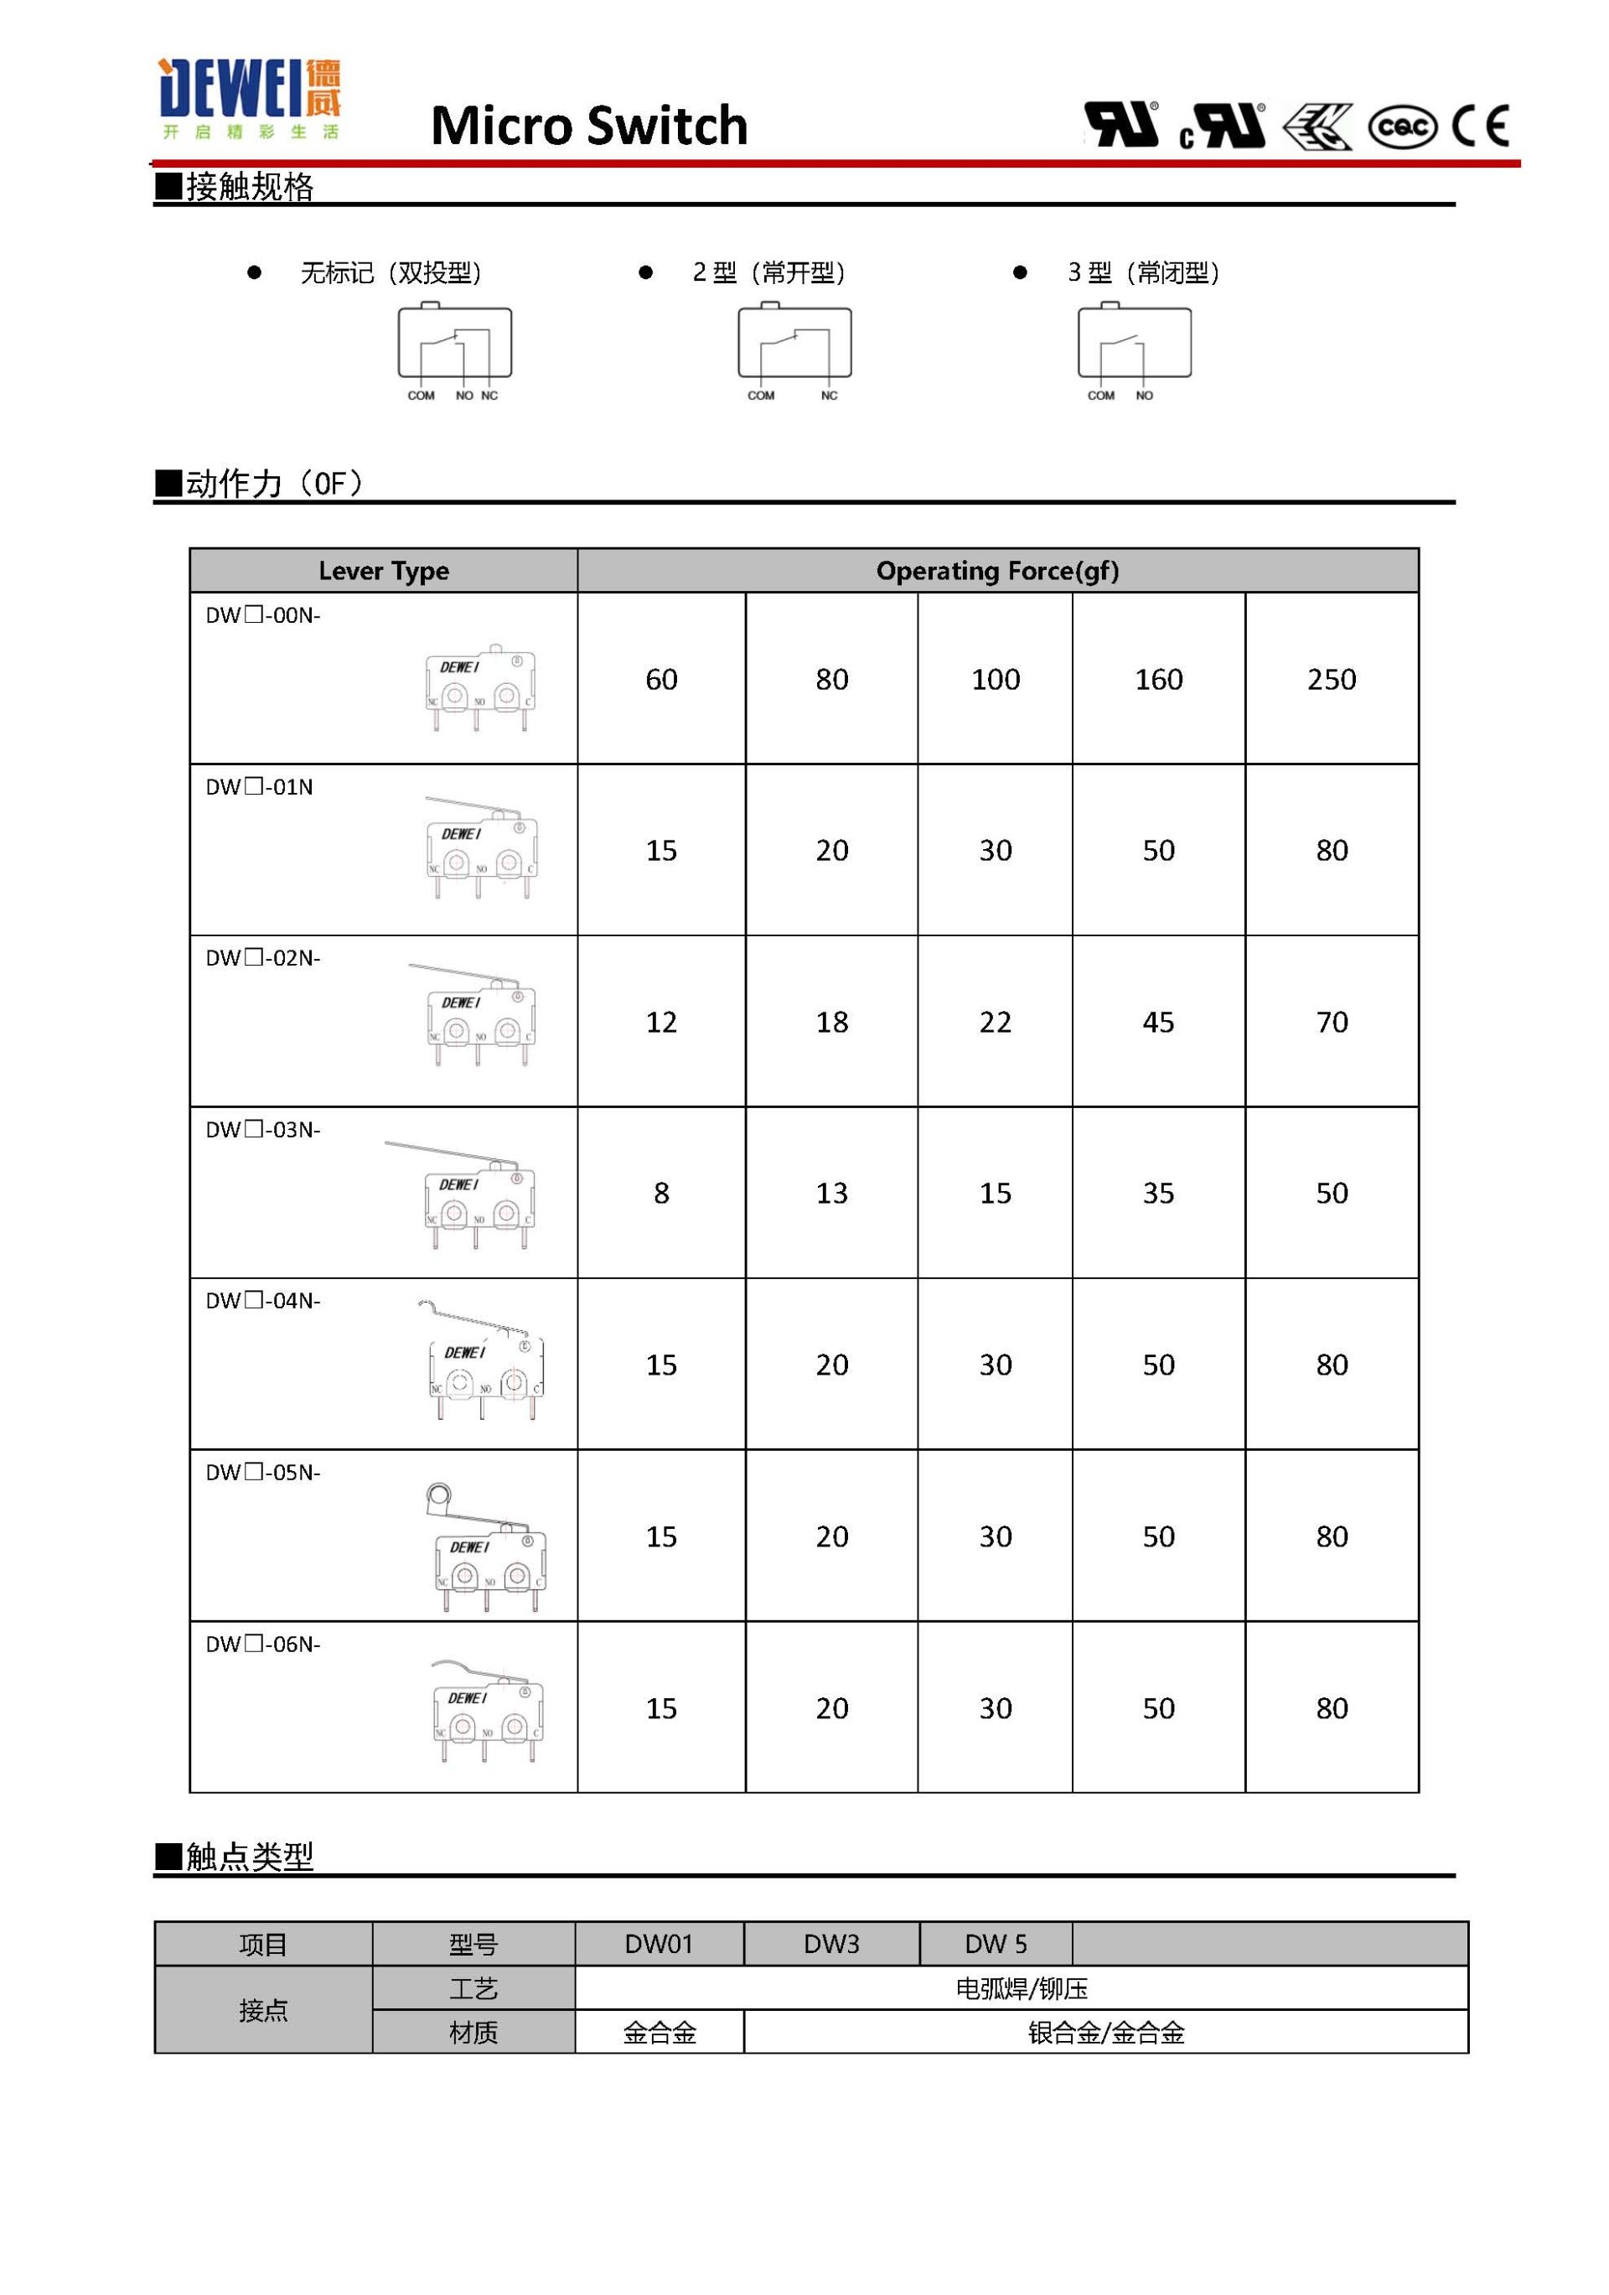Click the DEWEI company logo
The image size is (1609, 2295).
pyautogui.click(x=249, y=99)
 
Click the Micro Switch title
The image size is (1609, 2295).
pyautogui.click(x=588, y=126)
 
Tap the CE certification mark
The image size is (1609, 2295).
pyautogui.click(x=1480, y=126)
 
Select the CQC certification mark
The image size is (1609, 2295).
pyautogui.click(x=1401, y=127)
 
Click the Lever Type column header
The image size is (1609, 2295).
pyautogui.click(x=383, y=571)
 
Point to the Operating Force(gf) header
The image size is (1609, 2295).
pyautogui.click(x=996, y=571)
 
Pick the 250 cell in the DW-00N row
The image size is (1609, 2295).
pyautogui.click(x=1330, y=680)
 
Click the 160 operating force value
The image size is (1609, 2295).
pyautogui.click(x=1157, y=680)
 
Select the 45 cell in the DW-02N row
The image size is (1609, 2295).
pyautogui.click(x=1157, y=1022)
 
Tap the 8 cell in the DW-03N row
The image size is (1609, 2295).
pyautogui.click(x=660, y=1193)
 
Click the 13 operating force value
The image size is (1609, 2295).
pyautogui.click(x=830, y=1193)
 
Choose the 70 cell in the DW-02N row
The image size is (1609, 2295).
pyautogui.click(x=1330, y=1022)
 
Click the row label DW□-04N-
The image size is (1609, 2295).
pyautogui.click(x=263, y=1300)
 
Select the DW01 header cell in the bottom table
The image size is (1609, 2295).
pyautogui.click(x=659, y=1943)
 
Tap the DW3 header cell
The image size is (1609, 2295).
pyautogui.click(x=830, y=1943)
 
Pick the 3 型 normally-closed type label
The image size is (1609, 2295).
pyautogui.click(x=1142, y=272)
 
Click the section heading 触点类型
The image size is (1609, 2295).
pyautogui.click(x=249, y=1856)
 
